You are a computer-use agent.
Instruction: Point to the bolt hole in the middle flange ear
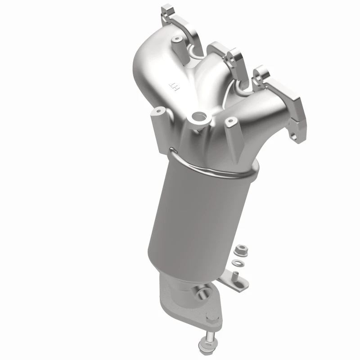pyautogui.click(x=234, y=57)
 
